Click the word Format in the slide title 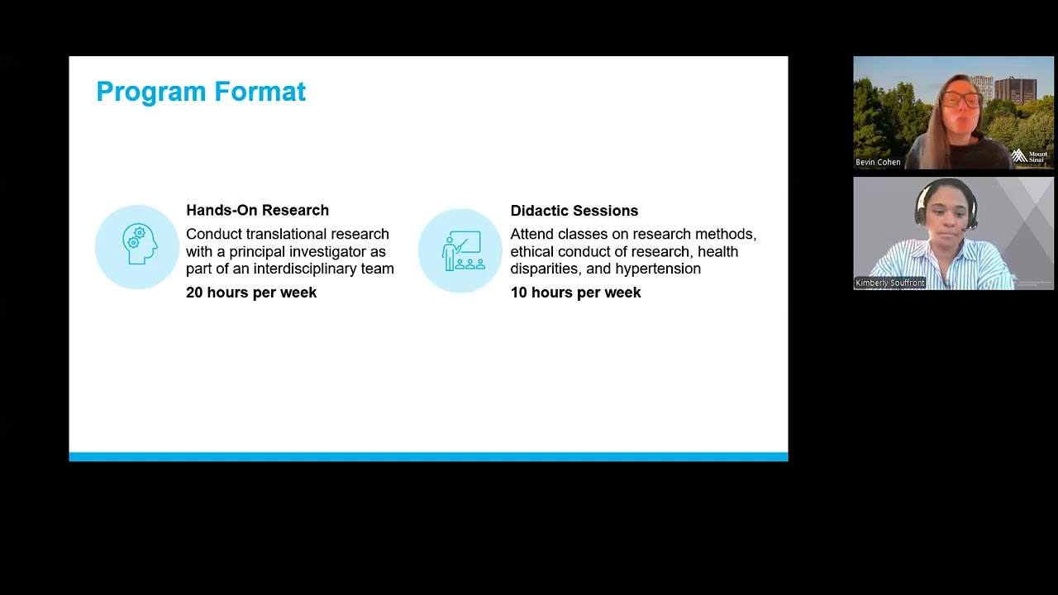point(260,91)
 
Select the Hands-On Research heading point(257,210)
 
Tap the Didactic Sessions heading point(574,211)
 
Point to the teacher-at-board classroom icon point(464,250)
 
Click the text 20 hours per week point(251,293)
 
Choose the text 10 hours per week point(576,293)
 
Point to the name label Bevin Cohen point(878,162)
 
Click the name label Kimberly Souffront point(890,283)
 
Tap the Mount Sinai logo point(1030,156)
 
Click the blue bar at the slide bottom point(428,457)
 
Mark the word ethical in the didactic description point(531,251)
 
